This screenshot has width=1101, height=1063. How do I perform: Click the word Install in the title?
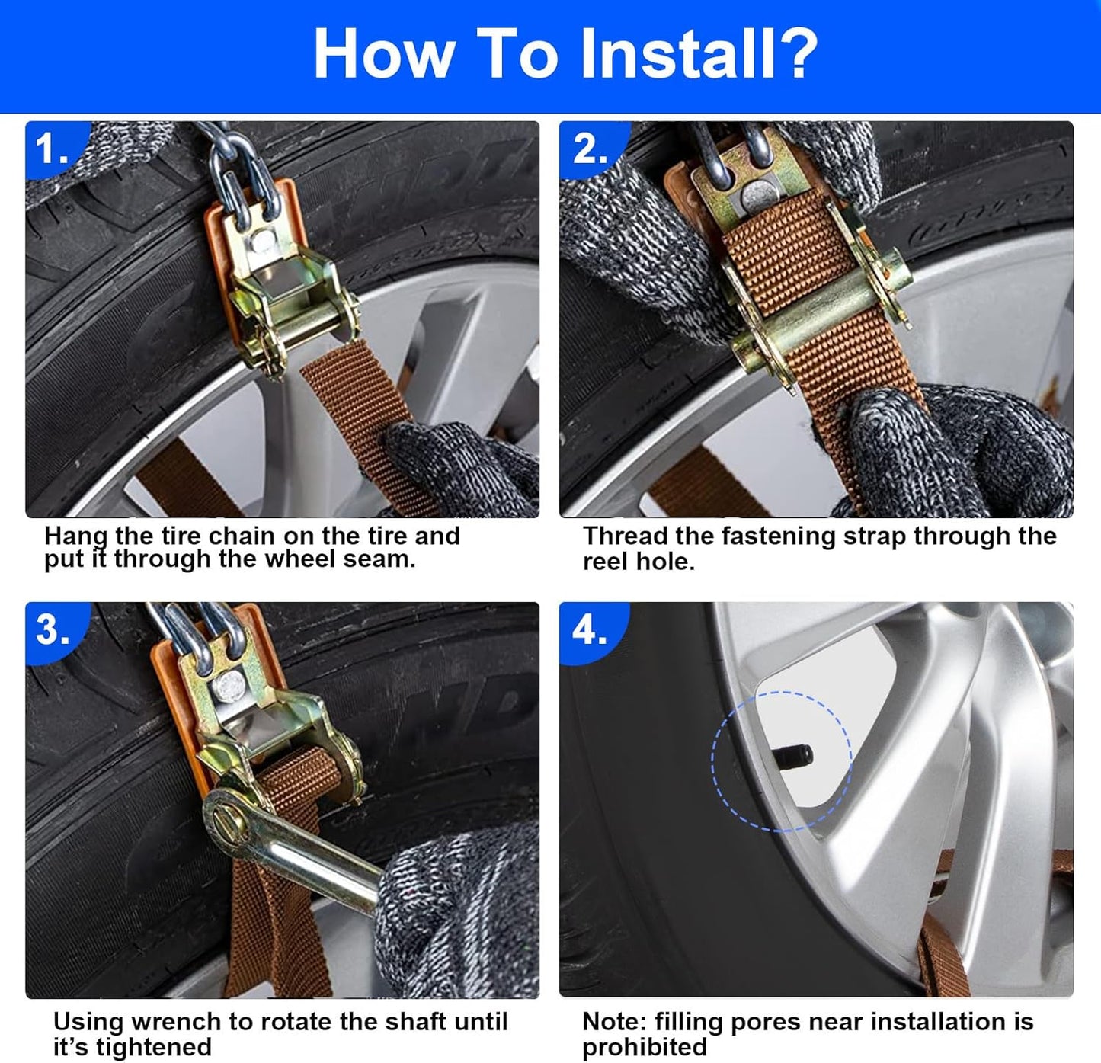(677, 54)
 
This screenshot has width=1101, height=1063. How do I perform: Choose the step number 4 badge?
(590, 629)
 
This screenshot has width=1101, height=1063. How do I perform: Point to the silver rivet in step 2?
(757, 196)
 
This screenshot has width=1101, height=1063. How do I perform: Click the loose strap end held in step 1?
(362, 413)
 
